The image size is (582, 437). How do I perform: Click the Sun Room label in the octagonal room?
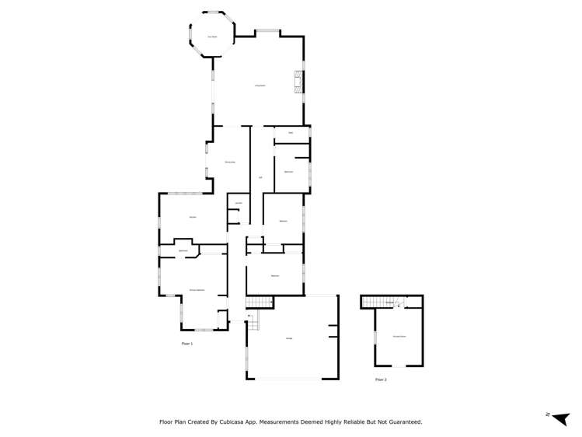coord(211,37)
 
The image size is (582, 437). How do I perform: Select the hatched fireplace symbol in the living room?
coord(298,81)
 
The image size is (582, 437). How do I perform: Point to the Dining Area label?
coord(230,161)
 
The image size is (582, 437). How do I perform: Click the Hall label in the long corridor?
coord(260,177)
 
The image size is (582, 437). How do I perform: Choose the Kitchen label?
coord(192,216)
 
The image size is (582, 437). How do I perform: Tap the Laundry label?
coord(239,203)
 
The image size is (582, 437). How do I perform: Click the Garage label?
coord(289,338)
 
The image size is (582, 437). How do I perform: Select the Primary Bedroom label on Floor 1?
coord(197,289)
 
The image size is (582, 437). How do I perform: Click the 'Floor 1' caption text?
coord(186,343)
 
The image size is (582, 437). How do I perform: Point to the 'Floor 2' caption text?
coord(381,379)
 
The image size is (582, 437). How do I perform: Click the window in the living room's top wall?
coord(268,31)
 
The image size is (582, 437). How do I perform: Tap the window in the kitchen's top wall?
coord(183,193)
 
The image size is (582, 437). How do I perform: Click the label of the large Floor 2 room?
coord(399,336)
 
